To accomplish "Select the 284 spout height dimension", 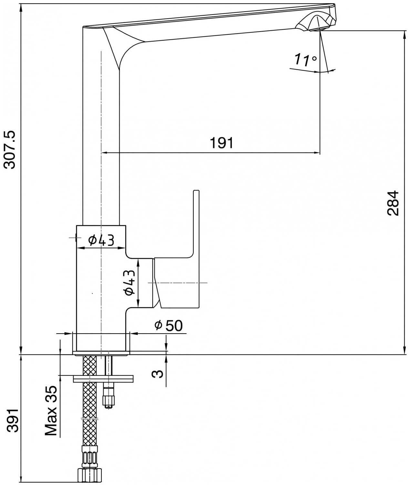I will [x=394, y=203].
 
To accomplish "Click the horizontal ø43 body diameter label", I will [x=101, y=240].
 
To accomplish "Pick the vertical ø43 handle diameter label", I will [x=129, y=282].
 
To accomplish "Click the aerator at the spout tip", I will [x=315, y=24].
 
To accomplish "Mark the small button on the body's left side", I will [x=76, y=238].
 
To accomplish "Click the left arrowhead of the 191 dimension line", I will [x=104, y=153].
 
